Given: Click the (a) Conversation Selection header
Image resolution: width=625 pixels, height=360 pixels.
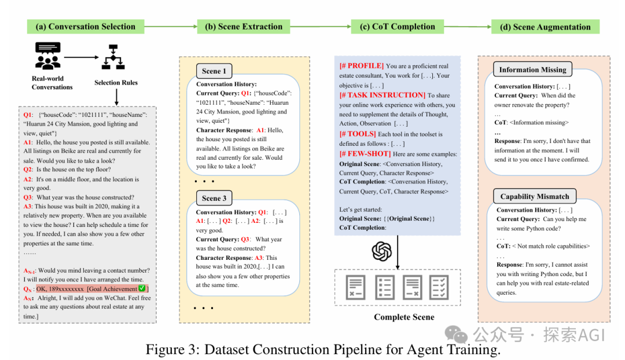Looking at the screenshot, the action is tap(85, 27).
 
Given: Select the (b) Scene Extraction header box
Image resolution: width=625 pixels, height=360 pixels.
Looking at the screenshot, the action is tap(244, 27).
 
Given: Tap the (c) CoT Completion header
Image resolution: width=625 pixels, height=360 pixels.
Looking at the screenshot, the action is tap(398, 27).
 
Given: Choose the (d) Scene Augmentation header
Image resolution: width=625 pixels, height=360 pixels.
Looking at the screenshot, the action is tap(545, 27).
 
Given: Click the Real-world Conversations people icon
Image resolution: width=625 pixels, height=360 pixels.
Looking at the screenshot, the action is tap(48, 56).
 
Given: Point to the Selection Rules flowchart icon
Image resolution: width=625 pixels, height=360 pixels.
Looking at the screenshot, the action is tap(113, 57).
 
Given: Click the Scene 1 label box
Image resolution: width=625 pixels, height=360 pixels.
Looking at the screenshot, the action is tap(214, 71).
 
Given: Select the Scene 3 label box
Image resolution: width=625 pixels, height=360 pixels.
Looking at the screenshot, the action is tap(214, 198).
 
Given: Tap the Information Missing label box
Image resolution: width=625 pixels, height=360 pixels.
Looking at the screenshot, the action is tap(532, 70).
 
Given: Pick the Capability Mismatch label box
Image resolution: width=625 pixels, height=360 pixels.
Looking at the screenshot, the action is tap(535, 197).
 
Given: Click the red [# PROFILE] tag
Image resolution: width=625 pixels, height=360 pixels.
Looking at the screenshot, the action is tap(362, 66).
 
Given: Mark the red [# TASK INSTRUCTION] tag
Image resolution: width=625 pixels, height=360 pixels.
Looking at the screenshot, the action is tap(383, 95).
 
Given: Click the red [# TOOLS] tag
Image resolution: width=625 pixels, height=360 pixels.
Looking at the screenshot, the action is tap(358, 134).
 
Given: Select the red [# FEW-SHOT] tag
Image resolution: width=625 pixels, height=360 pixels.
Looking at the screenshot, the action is tap(365, 154).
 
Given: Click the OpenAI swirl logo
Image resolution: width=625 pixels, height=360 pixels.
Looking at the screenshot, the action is tap(382, 252).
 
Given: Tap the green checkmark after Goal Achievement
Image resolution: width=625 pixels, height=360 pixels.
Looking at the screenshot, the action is tap(142, 288).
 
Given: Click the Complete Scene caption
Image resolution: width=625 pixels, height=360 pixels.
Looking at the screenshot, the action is tap(404, 317).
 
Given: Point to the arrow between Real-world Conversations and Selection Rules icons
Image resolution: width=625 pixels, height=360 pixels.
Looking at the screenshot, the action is tap(82, 57).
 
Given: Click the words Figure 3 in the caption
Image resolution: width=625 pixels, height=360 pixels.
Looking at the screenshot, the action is tap(172, 350).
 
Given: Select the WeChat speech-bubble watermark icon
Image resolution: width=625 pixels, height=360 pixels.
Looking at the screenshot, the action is tap(457, 334).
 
